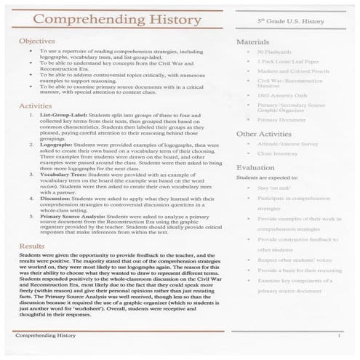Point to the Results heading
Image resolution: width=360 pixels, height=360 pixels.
[x=32, y=247]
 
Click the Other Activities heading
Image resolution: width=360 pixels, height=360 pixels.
[x=267, y=134]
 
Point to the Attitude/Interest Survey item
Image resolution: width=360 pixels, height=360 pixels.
[x=289, y=145]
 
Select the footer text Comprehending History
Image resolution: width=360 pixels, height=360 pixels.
[x=45, y=335]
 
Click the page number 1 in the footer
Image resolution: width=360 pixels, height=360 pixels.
[x=338, y=335]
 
